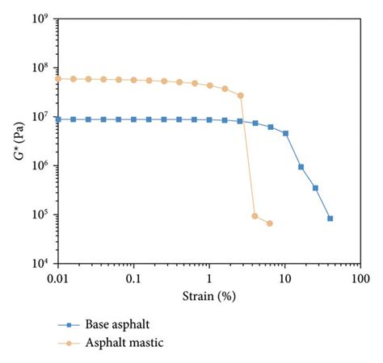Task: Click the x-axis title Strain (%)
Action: click(209, 295)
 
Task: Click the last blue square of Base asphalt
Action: click(330, 219)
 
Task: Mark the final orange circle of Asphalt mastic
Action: click(269, 223)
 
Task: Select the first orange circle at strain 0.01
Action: click(58, 78)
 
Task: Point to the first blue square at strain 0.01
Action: click(58, 119)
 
